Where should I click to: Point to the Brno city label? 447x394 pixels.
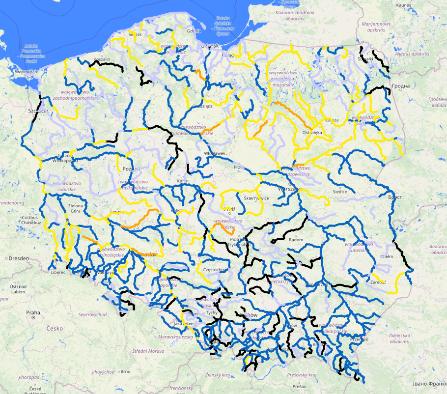tap(125, 371)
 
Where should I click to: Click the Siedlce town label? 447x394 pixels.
tap(340, 192)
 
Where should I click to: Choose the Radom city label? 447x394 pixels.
tap(296, 240)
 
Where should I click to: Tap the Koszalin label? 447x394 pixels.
tap(101, 59)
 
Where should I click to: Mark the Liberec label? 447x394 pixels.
tap(57, 272)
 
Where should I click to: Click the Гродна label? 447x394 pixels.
tap(401, 86)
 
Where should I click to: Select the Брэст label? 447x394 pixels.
tap(395, 197)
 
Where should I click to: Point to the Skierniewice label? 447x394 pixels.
tap(257, 198)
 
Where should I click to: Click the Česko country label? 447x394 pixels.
tap(55, 328)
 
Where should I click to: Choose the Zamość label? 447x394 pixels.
tap(379, 282)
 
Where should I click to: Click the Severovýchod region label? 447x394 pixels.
tap(93, 314)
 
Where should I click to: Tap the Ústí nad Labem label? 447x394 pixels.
tap(18, 288)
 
